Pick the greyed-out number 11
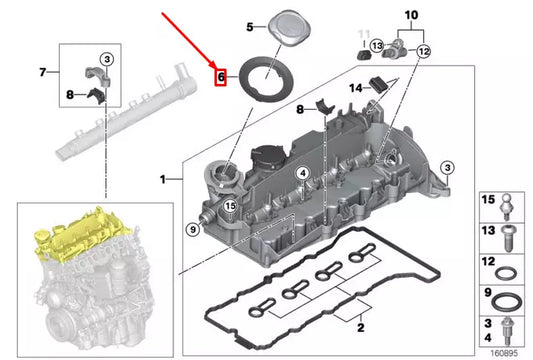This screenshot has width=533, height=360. [x=365, y=33]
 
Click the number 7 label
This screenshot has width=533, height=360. [x=42, y=72]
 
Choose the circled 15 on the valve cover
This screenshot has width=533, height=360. [x=230, y=207]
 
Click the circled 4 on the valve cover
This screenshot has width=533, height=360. [x=301, y=173]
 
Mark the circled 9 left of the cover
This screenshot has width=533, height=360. [x=191, y=230]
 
